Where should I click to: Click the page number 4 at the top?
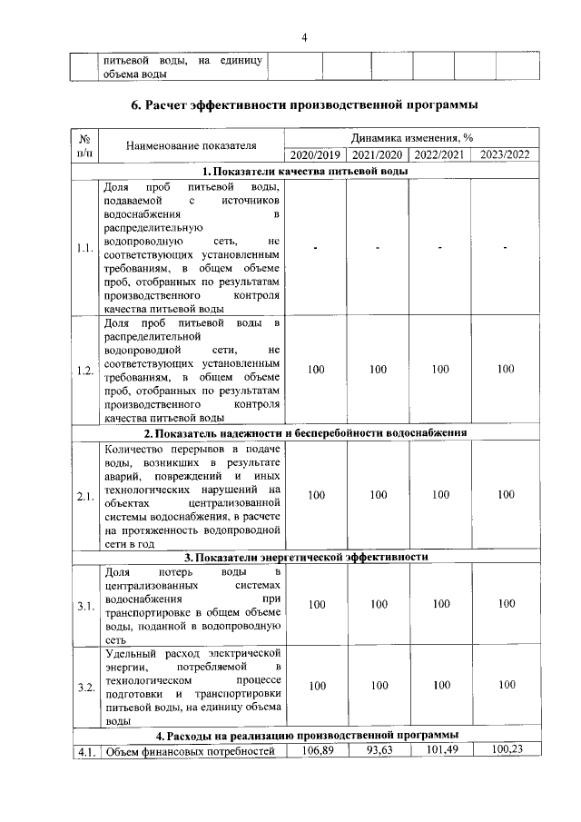point(304,37)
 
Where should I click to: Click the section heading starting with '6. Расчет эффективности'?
point(305,105)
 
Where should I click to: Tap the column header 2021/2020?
point(378,154)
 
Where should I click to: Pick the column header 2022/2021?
point(439,154)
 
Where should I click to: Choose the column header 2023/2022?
point(506,154)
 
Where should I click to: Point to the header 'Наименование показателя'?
point(191,145)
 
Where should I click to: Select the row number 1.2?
point(85,370)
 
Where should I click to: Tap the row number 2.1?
point(85,496)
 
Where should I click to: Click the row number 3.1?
point(85,605)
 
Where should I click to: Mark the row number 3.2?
point(85,687)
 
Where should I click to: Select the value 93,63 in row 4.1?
point(378,749)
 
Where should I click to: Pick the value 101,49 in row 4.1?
point(439,749)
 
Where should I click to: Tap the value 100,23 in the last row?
point(506,749)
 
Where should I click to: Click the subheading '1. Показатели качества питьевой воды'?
point(304,171)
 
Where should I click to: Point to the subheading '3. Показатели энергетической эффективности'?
point(306,557)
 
